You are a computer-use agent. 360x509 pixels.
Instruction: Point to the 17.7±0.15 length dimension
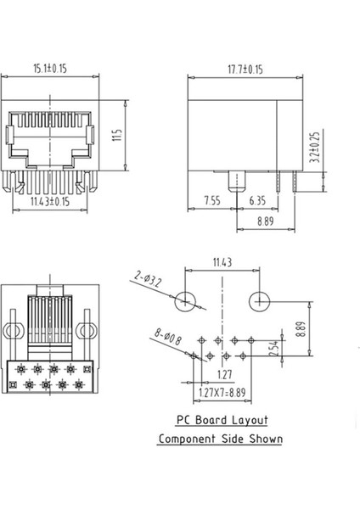tap(247, 68)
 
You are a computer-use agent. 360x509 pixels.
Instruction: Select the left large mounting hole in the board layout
tap(188, 301)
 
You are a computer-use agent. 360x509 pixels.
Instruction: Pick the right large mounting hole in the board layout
tap(261, 301)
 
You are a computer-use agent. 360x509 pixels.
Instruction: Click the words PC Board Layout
tap(221, 419)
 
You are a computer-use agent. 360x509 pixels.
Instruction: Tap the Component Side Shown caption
tap(221, 439)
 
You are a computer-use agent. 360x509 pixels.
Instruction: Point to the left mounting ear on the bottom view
tap(14, 331)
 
